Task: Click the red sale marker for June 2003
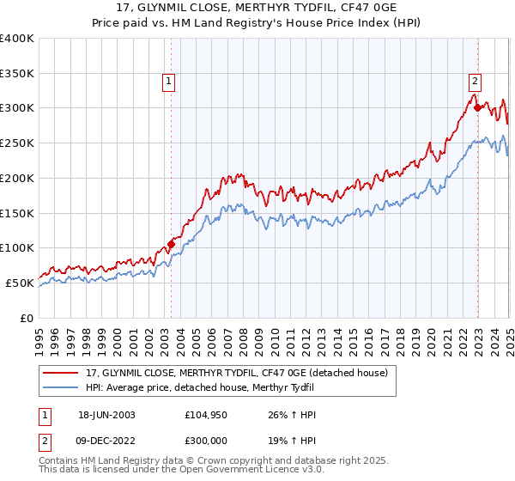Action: pos(171,244)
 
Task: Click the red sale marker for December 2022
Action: pos(477,107)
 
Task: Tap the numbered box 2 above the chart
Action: pos(475,82)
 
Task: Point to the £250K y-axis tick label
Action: pos(17,143)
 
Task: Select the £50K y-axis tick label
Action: pos(20,283)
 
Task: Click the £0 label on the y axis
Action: pos(27,318)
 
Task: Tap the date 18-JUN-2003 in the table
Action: pos(106,415)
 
